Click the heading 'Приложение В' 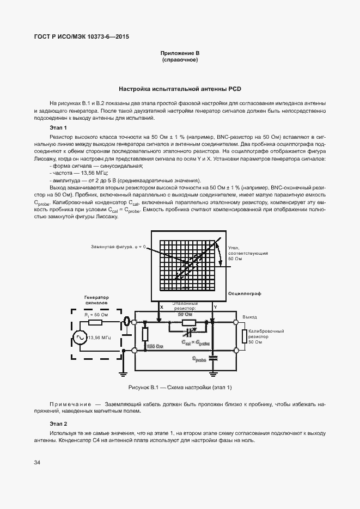coord(180,53)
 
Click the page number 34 coord(37,463)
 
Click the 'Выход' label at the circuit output coord(249,316)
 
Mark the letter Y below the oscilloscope coord(215,308)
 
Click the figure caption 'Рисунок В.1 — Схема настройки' coord(180,387)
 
